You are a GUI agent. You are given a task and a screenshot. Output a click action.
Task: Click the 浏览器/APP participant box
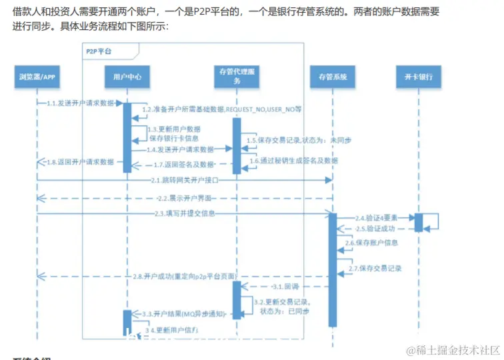coord(37,77)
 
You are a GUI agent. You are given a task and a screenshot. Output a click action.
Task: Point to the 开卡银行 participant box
coord(419,77)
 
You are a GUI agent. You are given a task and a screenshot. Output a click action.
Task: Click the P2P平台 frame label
coord(99,51)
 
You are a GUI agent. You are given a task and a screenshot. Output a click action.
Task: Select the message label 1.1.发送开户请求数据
coord(81,104)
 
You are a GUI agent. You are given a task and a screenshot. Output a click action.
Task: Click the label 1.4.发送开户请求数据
coord(181,150)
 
